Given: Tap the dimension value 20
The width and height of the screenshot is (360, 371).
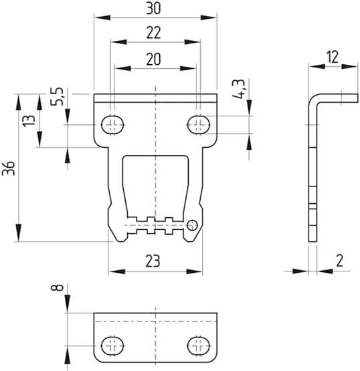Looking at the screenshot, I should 153,59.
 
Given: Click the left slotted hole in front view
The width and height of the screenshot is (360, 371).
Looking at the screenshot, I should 112,124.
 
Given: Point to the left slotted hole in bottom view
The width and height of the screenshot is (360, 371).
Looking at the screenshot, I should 112,346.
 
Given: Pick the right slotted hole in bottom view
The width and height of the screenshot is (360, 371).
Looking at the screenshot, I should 199,346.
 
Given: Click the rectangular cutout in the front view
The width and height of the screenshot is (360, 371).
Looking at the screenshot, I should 155,180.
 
